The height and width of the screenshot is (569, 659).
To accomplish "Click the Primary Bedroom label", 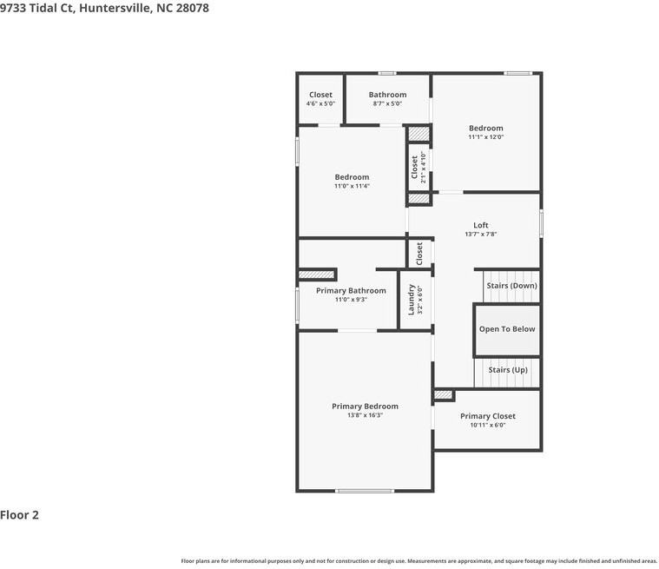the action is [x=365, y=407].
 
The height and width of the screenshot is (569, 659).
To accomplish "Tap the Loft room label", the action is [x=481, y=225].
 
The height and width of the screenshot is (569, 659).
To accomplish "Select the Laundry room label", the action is [x=411, y=300].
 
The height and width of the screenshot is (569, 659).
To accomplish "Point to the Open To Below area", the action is [x=507, y=329].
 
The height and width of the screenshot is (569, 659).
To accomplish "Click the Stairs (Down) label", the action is [x=511, y=286].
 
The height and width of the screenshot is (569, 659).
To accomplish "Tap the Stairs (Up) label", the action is [x=508, y=370].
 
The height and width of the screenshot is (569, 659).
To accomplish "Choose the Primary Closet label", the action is [x=488, y=416].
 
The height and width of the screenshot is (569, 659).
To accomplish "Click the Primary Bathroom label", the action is [x=351, y=291].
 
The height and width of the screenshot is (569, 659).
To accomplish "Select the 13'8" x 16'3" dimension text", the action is [x=365, y=415].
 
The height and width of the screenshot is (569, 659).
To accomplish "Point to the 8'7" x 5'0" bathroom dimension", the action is [x=387, y=103].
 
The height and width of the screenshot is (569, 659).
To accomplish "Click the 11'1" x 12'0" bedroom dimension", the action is [x=486, y=136].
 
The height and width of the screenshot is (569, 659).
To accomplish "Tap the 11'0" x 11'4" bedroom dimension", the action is [x=352, y=186].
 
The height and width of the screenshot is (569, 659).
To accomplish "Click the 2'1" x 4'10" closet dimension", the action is [x=423, y=168].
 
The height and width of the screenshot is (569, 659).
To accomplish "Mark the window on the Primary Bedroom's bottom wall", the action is [x=365, y=490].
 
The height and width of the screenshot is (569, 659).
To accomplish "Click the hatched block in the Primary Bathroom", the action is [x=316, y=275].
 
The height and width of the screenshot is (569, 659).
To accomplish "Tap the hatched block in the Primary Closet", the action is [x=443, y=395].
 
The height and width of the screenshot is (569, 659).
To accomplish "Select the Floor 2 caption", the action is [x=19, y=515].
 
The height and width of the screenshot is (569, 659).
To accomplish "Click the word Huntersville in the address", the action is [x=115, y=8].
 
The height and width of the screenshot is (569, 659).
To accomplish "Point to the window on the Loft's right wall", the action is [x=541, y=223].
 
